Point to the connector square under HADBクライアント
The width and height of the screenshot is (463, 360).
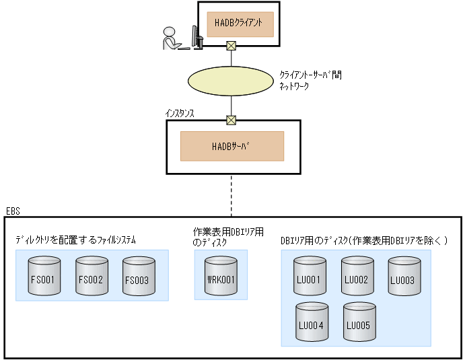[231, 46]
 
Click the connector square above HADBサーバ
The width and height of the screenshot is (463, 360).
[231, 120]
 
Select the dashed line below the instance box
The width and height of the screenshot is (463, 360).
[231, 195]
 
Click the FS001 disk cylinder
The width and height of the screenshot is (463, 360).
[42, 276]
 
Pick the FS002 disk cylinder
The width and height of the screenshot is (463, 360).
[90, 276]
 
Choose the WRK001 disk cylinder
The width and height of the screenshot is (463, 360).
[220, 276]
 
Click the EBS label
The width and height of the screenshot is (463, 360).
[13, 211]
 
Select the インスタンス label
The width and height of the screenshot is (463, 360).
[180, 113]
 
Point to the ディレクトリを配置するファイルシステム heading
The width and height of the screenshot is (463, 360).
[75, 240]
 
